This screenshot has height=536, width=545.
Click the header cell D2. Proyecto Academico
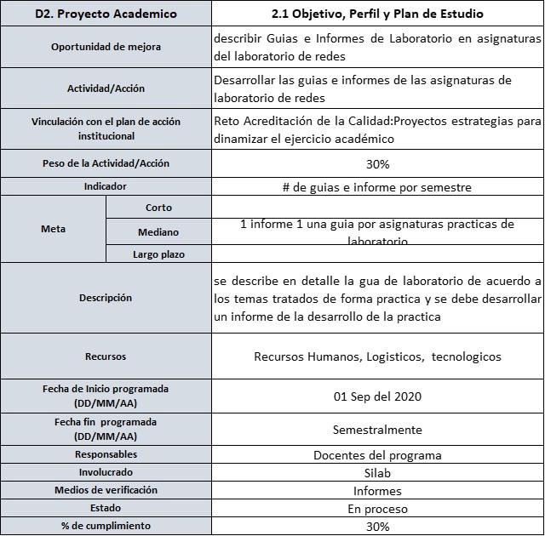[106, 14]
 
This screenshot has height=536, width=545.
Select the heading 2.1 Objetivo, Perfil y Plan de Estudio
[377, 14]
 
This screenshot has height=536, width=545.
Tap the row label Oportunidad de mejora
[106, 47]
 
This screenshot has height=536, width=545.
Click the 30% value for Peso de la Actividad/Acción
[377, 163]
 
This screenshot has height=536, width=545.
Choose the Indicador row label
[106, 185]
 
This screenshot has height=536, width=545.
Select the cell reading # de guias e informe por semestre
[377, 186]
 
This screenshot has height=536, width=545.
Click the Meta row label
[54, 229]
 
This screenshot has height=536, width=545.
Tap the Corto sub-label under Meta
[158, 207]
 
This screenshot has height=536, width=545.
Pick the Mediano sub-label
[158, 231]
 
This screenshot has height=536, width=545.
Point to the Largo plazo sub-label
[158, 254]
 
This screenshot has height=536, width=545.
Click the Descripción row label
[106, 298]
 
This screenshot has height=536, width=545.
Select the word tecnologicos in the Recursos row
[467, 356]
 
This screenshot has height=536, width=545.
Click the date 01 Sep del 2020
[377, 396]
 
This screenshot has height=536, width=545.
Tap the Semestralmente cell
[377, 430]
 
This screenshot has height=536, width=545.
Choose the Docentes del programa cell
[377, 454]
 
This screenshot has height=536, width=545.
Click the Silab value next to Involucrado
[377, 473]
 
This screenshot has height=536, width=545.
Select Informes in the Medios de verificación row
[377, 491]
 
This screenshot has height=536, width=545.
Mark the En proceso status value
[377, 509]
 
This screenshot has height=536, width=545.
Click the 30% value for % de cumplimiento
[377, 527]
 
